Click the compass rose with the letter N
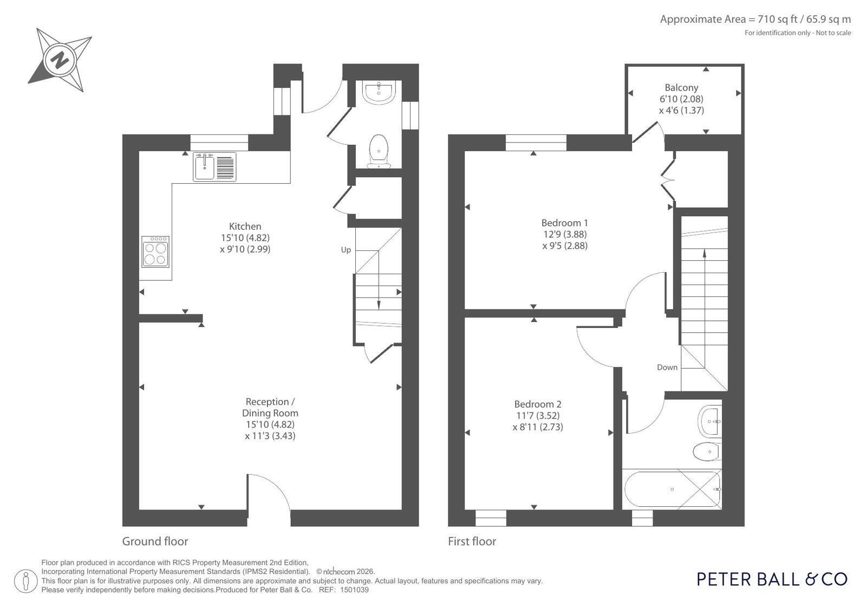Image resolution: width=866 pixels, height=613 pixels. click(x=60, y=60)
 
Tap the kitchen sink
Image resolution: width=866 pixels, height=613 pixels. click(x=214, y=167)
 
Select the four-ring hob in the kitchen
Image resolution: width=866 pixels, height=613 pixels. click(x=155, y=251)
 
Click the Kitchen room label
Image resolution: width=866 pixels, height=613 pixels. click(x=245, y=227)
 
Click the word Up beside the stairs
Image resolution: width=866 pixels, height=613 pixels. click(x=346, y=250)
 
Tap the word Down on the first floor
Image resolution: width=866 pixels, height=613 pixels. click(x=667, y=367)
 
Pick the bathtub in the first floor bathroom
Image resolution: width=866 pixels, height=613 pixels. click(x=673, y=489)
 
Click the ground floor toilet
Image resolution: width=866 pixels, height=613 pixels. click(x=379, y=151)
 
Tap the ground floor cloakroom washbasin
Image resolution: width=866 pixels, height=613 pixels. click(x=379, y=92)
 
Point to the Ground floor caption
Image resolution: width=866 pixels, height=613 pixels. click(x=155, y=541)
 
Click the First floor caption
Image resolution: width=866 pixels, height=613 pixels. click(x=472, y=541)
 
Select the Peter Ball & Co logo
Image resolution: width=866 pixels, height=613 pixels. click(x=772, y=579)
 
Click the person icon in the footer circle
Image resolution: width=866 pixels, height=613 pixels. click(x=26, y=581)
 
